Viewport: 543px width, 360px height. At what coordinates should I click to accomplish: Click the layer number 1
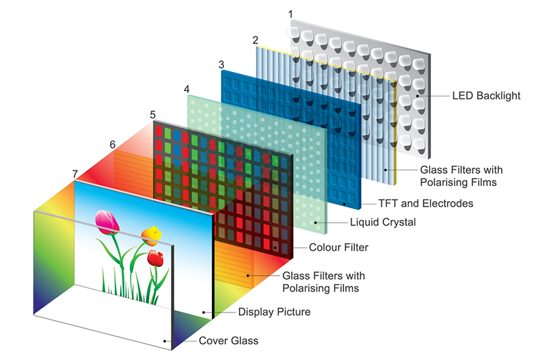[291, 14]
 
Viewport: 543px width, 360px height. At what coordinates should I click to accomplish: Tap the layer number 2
[255, 39]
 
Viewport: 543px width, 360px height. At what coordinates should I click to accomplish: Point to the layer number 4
[187, 88]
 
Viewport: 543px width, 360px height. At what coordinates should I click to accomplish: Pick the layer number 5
[153, 114]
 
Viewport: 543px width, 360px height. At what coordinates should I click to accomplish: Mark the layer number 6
[113, 144]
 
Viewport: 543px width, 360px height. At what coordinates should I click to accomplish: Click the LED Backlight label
[486, 96]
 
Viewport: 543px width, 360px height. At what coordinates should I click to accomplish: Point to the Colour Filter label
[339, 247]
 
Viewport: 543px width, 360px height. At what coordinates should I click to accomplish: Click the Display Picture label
[274, 312]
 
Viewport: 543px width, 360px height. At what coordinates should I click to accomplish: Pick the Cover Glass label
[228, 340]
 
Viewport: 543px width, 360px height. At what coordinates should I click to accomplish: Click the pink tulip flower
[107, 221]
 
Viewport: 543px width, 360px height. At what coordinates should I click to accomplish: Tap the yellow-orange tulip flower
[151, 235]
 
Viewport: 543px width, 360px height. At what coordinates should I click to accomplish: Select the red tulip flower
[156, 257]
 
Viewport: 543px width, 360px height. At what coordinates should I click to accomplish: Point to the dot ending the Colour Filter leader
[275, 247]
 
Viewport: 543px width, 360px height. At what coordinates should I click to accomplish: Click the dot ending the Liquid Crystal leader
[316, 221]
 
